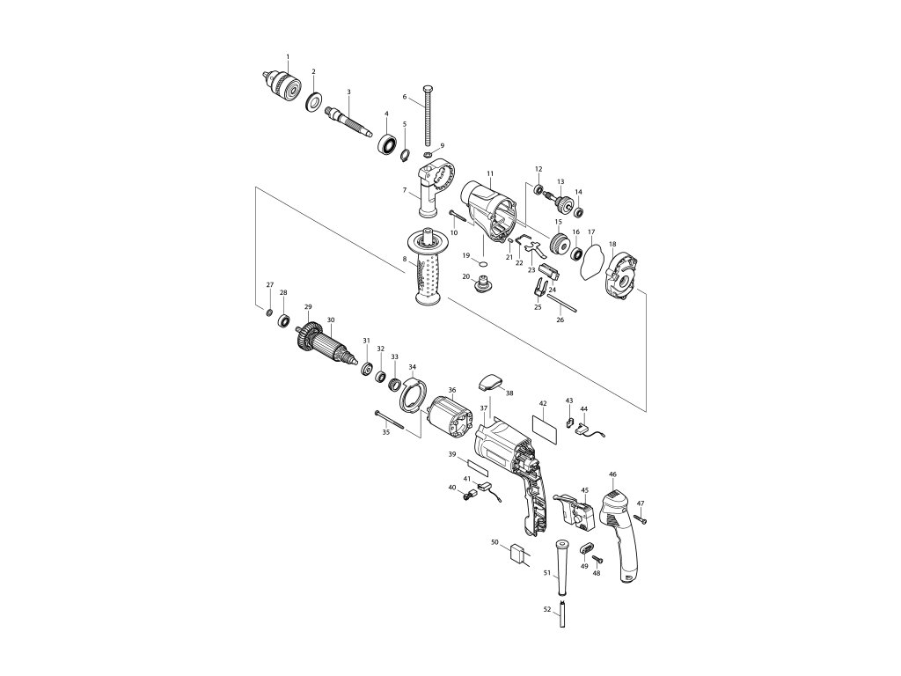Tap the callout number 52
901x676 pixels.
point(546,609)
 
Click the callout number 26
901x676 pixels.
point(560,320)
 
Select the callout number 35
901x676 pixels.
point(385,433)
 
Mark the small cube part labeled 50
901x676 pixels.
point(517,553)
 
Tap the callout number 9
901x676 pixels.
point(442,145)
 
